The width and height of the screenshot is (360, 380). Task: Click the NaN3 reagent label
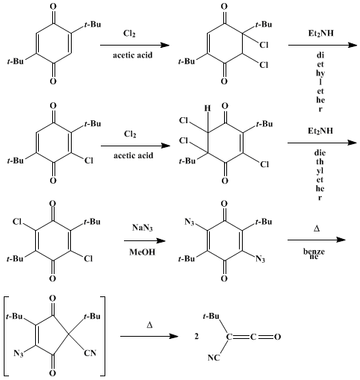142,228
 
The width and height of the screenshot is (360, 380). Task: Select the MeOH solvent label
142,252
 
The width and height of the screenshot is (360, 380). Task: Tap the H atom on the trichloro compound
208,108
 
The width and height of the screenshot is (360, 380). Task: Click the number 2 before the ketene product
196,337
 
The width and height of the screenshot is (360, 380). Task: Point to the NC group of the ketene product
214,358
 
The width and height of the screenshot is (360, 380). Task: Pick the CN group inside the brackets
90,353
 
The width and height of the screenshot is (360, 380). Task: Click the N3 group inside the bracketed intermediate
19,353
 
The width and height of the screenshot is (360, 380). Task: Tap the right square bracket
102,336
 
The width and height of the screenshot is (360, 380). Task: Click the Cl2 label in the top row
129,34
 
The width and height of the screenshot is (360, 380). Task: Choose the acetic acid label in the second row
134,155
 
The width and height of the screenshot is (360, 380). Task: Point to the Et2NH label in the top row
321,33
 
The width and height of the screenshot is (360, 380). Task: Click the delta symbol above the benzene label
317,228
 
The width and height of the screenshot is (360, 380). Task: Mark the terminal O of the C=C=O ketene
277,337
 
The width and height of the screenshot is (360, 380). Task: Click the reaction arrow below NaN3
145,240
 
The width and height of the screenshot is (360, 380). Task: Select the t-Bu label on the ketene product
211,317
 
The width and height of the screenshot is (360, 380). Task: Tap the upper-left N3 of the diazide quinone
190,222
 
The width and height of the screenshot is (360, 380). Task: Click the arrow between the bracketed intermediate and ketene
149,337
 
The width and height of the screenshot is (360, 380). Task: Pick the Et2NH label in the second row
320,131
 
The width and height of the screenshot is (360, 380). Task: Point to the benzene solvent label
314,253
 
